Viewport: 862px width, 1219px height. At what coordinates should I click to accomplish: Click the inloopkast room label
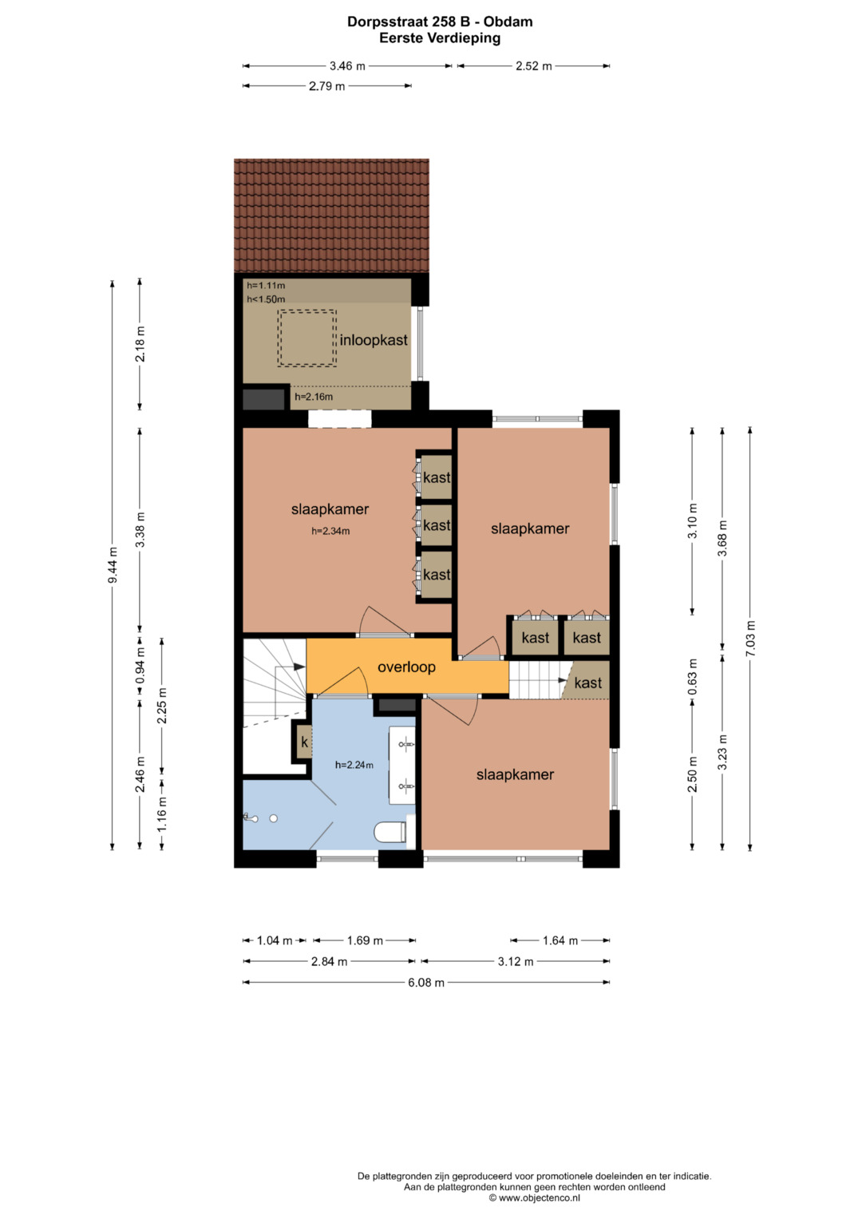coord(374,341)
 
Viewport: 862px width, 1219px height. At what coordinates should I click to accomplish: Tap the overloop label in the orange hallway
coord(406,667)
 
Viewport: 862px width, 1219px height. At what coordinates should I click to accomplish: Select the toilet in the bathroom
coord(389,832)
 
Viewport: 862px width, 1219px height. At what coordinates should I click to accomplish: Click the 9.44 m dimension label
coord(113,565)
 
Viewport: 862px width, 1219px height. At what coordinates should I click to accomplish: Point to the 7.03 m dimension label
coord(751,639)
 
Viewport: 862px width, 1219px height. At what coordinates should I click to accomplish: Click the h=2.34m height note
coord(330,531)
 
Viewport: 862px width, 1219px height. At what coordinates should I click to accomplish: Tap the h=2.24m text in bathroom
coord(354,765)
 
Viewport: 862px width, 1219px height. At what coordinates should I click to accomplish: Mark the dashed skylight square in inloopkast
coord(307,338)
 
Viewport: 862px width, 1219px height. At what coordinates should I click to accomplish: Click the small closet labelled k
coord(304,742)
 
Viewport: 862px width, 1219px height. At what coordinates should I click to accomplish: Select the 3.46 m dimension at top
coord(347,65)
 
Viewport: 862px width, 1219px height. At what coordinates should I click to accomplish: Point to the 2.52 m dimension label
coord(534,65)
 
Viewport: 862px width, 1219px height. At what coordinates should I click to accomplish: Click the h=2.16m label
coord(314,397)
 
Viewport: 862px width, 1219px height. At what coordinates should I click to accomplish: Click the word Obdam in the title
coord(508,22)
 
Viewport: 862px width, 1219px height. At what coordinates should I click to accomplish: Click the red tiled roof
coord(331,216)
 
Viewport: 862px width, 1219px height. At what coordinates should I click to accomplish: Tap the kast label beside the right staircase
coord(588,683)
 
